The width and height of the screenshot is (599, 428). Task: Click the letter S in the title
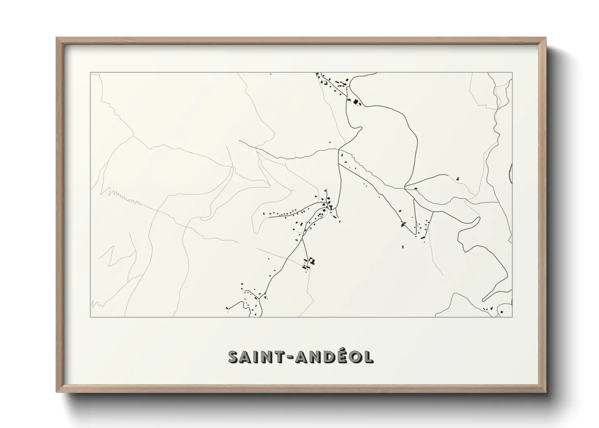[x=234, y=357]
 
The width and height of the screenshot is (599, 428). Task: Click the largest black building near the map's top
[x=356, y=102]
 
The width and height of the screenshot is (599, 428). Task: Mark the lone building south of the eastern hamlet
[x=403, y=246]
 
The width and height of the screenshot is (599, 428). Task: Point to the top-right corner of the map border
[x=512, y=72]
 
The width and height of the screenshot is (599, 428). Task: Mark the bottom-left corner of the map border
[x=90, y=317]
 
